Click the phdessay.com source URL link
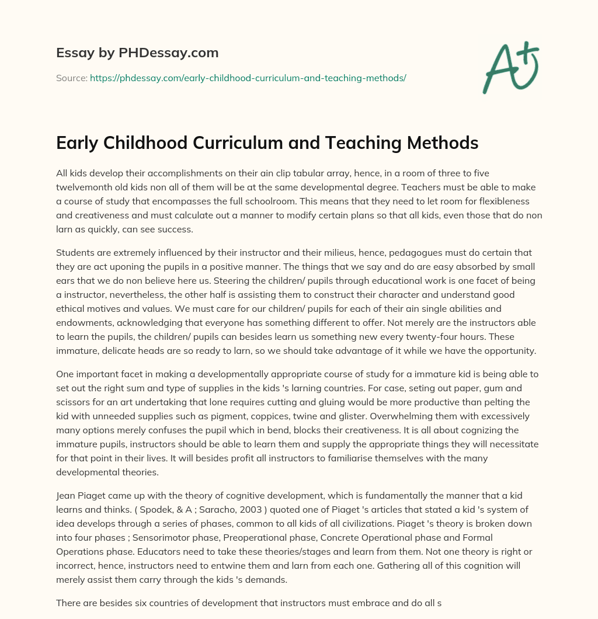point(248,77)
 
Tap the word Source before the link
point(71,77)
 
